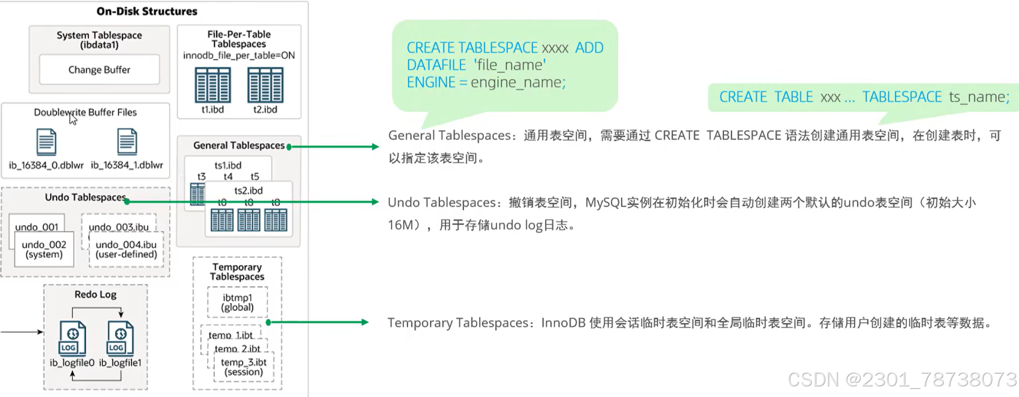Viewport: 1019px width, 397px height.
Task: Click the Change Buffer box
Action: pyautogui.click(x=99, y=70)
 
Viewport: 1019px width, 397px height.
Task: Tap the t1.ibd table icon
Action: pyautogui.click(x=213, y=85)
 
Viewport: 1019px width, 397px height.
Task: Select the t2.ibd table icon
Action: pyautogui.click(x=265, y=85)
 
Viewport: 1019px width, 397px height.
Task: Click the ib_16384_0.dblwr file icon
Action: pyautogui.click(x=46, y=142)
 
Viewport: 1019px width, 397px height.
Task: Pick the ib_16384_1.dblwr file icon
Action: pyautogui.click(x=127, y=142)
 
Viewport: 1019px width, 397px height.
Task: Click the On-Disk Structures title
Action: pyautogui.click(x=147, y=11)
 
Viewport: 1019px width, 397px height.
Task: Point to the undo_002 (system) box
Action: pyautogui.click(x=44, y=249)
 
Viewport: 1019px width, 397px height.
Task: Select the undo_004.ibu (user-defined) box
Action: pyautogui.click(x=126, y=249)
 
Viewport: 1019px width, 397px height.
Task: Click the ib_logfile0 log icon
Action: pyautogui.click(x=72, y=338)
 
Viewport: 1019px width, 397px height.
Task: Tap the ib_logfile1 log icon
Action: pyautogui.click(x=120, y=338)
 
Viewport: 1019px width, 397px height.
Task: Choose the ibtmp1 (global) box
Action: pyautogui.click(x=238, y=302)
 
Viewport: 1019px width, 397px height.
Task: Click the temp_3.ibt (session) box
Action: pyautogui.click(x=244, y=367)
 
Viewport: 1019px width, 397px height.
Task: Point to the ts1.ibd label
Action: pyautogui.click(x=228, y=165)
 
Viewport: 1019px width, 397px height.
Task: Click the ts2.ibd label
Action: pyautogui.click(x=248, y=191)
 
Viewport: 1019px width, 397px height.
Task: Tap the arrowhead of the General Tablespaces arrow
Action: pyautogui.click(x=375, y=147)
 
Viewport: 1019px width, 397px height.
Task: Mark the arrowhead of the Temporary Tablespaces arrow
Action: pyautogui.click(x=365, y=322)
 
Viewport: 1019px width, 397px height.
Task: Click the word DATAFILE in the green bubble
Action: pyautogui.click(x=436, y=65)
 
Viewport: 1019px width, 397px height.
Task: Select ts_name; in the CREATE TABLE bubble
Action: pyautogui.click(x=979, y=97)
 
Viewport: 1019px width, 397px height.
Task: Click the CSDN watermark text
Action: pyautogui.click(x=902, y=379)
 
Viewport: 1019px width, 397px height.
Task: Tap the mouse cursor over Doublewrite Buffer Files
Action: pyautogui.click(x=73, y=119)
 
